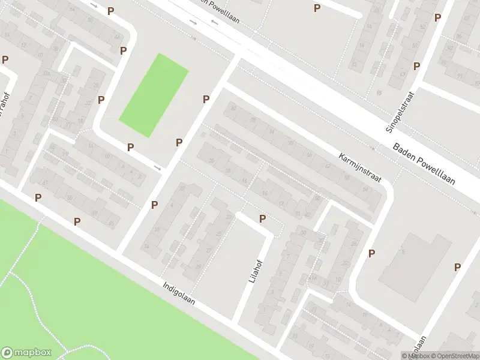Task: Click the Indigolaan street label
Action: point(182,294)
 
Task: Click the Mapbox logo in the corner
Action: point(26,353)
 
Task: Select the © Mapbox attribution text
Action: point(415,356)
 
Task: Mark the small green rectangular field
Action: point(154,95)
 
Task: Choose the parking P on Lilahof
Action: point(262,218)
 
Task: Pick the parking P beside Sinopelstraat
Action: point(416,66)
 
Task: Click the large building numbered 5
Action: point(414,264)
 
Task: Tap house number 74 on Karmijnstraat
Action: point(272,130)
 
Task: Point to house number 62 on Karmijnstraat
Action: point(328,166)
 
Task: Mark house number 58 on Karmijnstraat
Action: point(347,178)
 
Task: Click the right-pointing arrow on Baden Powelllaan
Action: point(193,22)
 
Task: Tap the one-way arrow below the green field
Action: point(158,167)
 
